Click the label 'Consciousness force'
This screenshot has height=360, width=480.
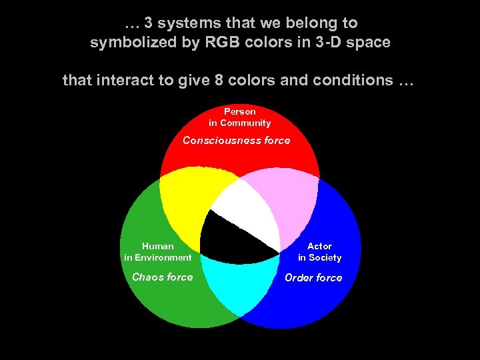tap(237, 141)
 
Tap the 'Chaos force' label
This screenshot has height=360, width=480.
tap(162, 277)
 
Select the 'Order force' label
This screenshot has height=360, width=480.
tap(313, 278)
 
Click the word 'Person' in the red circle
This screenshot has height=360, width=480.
tap(239, 111)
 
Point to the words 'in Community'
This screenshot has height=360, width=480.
tap(239, 123)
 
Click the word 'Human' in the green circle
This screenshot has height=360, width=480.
tap(157, 246)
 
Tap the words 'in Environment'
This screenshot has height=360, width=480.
tap(157, 257)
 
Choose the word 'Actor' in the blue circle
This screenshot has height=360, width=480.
tap(319, 246)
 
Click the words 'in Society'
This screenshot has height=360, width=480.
tap(319, 257)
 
